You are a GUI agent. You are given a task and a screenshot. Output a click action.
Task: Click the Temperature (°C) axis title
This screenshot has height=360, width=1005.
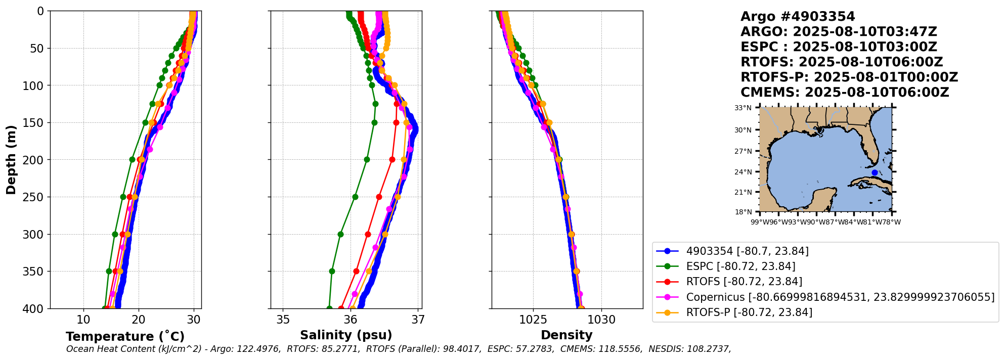coord(125,337)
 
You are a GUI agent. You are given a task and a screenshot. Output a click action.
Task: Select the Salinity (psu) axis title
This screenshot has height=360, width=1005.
coord(346,335)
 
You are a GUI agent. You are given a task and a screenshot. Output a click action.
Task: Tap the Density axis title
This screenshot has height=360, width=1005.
coord(566,335)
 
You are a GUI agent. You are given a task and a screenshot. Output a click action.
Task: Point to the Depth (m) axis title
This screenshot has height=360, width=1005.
coord(11,160)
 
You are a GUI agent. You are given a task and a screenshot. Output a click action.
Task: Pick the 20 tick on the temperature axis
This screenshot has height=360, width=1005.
coord(139,320)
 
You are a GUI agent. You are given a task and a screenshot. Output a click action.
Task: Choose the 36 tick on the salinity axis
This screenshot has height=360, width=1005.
coord(351,320)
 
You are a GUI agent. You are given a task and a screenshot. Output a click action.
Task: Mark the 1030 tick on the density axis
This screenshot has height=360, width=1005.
coord(602,320)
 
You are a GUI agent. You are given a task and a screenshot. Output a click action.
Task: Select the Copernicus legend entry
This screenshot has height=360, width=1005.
coord(840,297)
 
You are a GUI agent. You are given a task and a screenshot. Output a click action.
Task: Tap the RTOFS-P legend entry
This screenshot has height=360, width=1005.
coord(749,312)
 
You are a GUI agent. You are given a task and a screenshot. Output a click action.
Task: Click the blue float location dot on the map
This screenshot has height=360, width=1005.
coord(875,173)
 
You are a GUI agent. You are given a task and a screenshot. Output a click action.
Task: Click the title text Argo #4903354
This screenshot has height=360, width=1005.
coord(797,17)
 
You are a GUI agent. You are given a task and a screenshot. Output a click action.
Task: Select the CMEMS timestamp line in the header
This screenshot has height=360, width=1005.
coord(844,93)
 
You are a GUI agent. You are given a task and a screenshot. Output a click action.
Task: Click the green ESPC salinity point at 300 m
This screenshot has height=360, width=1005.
coord(340,235)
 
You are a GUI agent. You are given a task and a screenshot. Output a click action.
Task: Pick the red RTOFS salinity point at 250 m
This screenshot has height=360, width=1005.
coord(379,197)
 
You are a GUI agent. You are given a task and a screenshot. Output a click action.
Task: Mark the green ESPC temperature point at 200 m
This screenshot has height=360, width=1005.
coord(132,160)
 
